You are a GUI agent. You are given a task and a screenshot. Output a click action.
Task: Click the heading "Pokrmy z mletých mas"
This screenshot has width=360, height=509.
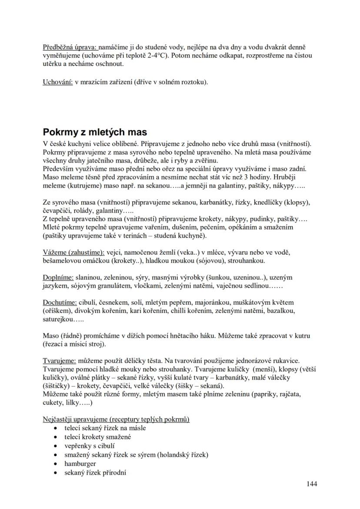pos(95,132)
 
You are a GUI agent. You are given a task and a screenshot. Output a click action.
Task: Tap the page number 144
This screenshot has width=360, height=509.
pos(312,483)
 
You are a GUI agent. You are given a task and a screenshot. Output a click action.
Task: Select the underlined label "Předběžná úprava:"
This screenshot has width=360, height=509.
pos(71,47)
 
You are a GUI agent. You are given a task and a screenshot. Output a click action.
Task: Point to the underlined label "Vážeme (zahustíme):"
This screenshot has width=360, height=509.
pos(74,252)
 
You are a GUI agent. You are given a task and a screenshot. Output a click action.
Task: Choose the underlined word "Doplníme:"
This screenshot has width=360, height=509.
pos(58,277)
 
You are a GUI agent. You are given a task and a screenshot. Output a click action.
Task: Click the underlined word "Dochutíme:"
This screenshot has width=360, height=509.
pos(60,302)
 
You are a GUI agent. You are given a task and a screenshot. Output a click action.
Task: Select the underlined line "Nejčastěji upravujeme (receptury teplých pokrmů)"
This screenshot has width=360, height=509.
pos(116,419)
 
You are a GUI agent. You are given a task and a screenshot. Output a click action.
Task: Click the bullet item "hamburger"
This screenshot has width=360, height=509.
pos(80,464)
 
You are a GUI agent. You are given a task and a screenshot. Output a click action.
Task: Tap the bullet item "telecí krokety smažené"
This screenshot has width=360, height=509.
pos(97,437)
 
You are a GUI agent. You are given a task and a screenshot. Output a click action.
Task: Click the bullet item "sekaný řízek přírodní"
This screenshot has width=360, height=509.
pos(95,473)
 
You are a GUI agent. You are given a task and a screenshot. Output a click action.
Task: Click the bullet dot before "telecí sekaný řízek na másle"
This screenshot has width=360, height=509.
pos(55,428)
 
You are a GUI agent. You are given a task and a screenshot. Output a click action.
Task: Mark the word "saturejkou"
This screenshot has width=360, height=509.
pos(60,319)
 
